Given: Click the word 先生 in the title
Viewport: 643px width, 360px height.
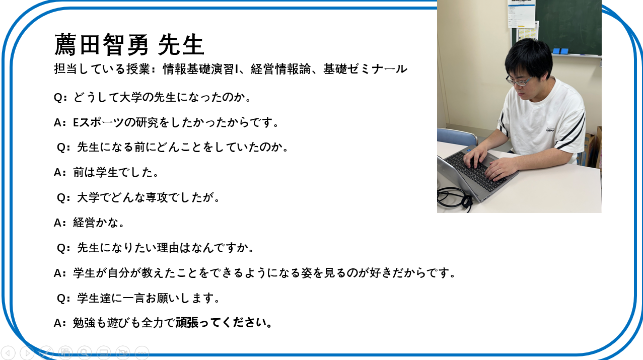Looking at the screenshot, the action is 181,45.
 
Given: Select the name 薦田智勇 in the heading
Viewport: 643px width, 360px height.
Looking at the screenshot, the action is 101,45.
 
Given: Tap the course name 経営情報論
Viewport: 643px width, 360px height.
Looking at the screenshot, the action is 281,69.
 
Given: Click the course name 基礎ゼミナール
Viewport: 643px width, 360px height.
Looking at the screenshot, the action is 365,69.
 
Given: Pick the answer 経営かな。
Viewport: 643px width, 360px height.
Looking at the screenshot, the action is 99,223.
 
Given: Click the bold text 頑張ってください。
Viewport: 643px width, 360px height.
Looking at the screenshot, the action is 224,323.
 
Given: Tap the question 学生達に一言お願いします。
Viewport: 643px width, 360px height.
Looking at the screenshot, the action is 149,298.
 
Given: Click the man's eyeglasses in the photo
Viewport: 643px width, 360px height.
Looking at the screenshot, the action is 519,81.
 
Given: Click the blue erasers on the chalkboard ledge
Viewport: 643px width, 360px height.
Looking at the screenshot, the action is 560,51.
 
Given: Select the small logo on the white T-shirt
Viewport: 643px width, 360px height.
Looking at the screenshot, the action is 550,130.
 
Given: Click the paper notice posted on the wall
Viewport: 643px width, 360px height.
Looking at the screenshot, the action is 521,14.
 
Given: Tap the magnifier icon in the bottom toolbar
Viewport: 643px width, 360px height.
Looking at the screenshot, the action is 84,352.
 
